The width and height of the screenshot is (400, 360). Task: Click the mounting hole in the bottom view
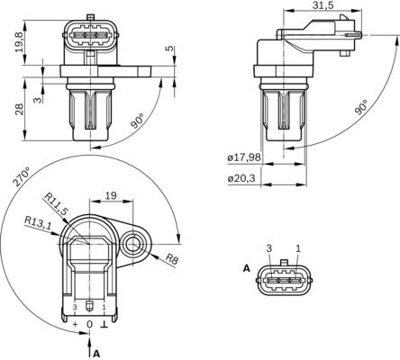[135, 242]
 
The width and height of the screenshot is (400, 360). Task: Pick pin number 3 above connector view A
[268, 247]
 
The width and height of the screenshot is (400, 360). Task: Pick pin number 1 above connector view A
[298, 247]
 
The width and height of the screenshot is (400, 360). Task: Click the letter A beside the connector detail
[245, 268]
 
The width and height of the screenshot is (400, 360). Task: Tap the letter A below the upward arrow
[96, 354]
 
